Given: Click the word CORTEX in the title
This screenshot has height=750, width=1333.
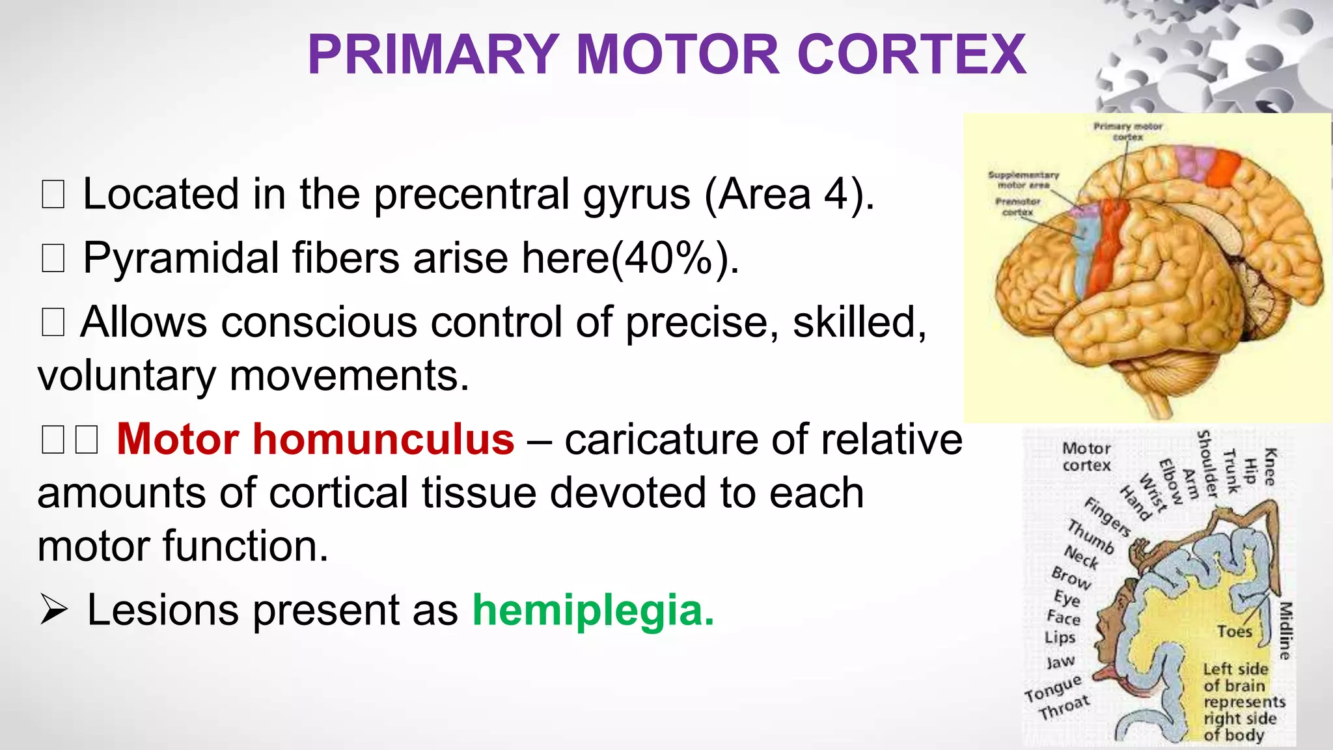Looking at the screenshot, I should click(911, 55).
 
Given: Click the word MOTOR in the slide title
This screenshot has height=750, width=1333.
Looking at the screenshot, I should click(677, 55).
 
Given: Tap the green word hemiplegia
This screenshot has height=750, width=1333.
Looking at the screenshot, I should click(593, 610).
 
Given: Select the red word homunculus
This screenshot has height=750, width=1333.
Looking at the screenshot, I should click(383, 439).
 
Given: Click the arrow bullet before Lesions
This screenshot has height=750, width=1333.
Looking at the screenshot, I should click(53, 611).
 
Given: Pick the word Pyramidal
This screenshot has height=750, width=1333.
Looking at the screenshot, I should click(176, 258).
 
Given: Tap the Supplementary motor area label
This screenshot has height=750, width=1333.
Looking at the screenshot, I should click(1023, 180).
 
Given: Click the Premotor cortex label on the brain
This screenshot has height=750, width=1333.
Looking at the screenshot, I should click(1017, 206).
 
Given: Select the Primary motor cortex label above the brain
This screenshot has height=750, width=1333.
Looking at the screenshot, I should click(1127, 131).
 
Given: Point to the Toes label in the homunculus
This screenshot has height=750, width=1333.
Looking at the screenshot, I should click(1234, 632).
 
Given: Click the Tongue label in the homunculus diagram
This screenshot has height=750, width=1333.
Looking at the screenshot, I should click(1052, 689).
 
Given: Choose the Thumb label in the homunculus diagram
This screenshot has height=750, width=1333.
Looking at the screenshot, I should click(1091, 537).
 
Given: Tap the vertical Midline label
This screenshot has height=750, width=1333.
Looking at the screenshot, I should click(1284, 630).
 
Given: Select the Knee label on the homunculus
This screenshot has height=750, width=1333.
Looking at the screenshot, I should click(1270, 466).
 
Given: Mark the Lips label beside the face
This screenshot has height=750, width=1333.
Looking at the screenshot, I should click(1060, 637).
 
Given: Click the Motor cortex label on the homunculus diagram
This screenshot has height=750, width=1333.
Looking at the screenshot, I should click(1086, 456).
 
